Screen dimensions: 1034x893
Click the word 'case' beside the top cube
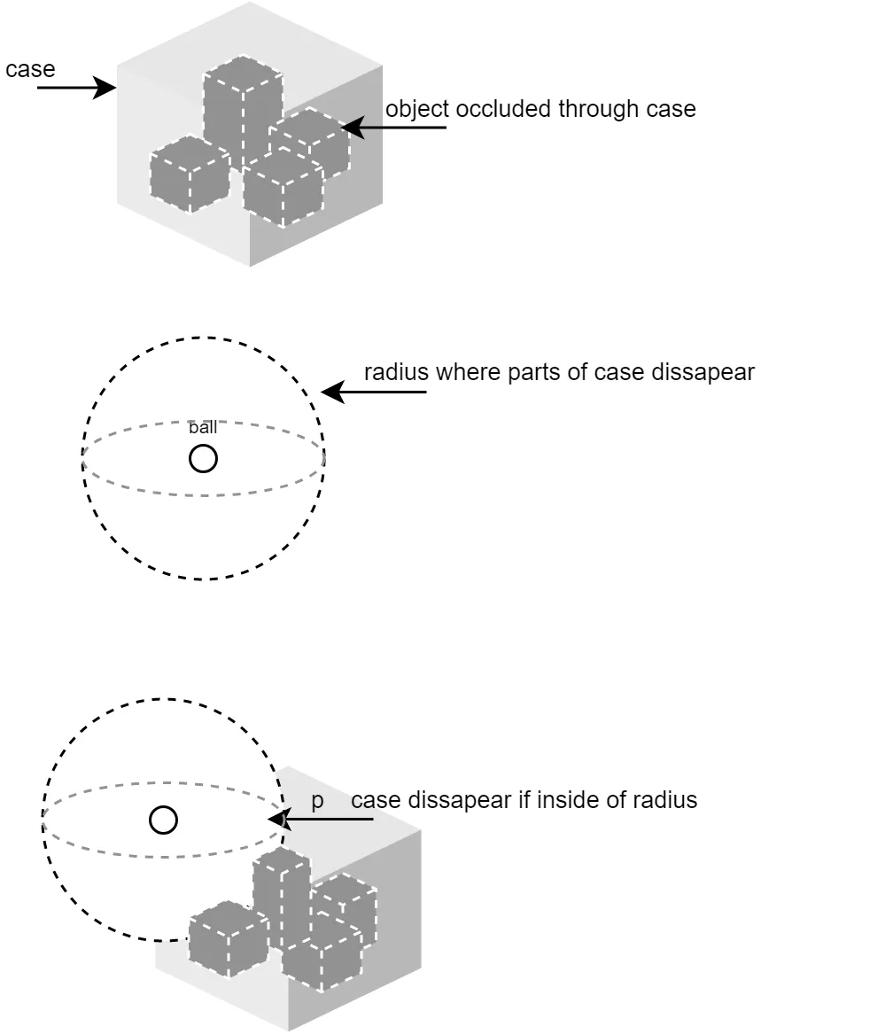pyautogui.click(x=30, y=70)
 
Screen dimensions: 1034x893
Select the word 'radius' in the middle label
pyautogui.click(x=396, y=372)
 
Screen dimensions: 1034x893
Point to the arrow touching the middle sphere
pyautogui.click(x=373, y=392)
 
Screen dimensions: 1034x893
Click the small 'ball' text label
pyautogui.click(x=203, y=428)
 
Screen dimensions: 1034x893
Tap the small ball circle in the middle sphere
pyautogui.click(x=203, y=459)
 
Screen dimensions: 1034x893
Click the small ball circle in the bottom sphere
pyautogui.click(x=163, y=820)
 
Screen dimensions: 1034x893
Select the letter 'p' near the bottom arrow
pyautogui.click(x=317, y=800)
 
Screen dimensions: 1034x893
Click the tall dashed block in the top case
pyautogui.click(x=242, y=106)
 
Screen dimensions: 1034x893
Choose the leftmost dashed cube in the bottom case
pyautogui.click(x=228, y=939)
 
